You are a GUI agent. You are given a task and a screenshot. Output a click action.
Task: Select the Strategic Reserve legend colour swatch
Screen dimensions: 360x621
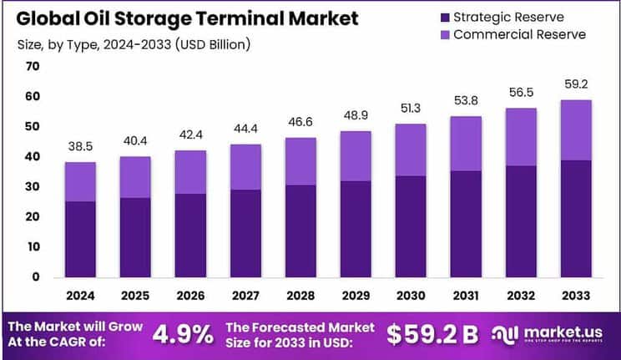pos(443,17)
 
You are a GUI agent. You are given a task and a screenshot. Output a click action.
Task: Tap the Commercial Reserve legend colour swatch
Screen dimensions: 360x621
pos(443,34)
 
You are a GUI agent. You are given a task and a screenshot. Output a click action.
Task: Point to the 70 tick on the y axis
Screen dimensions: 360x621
pos(33,67)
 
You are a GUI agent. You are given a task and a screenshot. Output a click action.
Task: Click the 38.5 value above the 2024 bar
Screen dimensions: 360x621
pos(79,145)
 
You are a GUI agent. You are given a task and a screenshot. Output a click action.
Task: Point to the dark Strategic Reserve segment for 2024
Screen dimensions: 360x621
pos(79,239)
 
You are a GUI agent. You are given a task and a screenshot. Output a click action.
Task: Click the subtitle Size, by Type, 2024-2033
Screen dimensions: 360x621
pos(134,43)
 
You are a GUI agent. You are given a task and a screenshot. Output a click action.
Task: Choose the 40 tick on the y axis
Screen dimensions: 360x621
pos(33,156)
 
